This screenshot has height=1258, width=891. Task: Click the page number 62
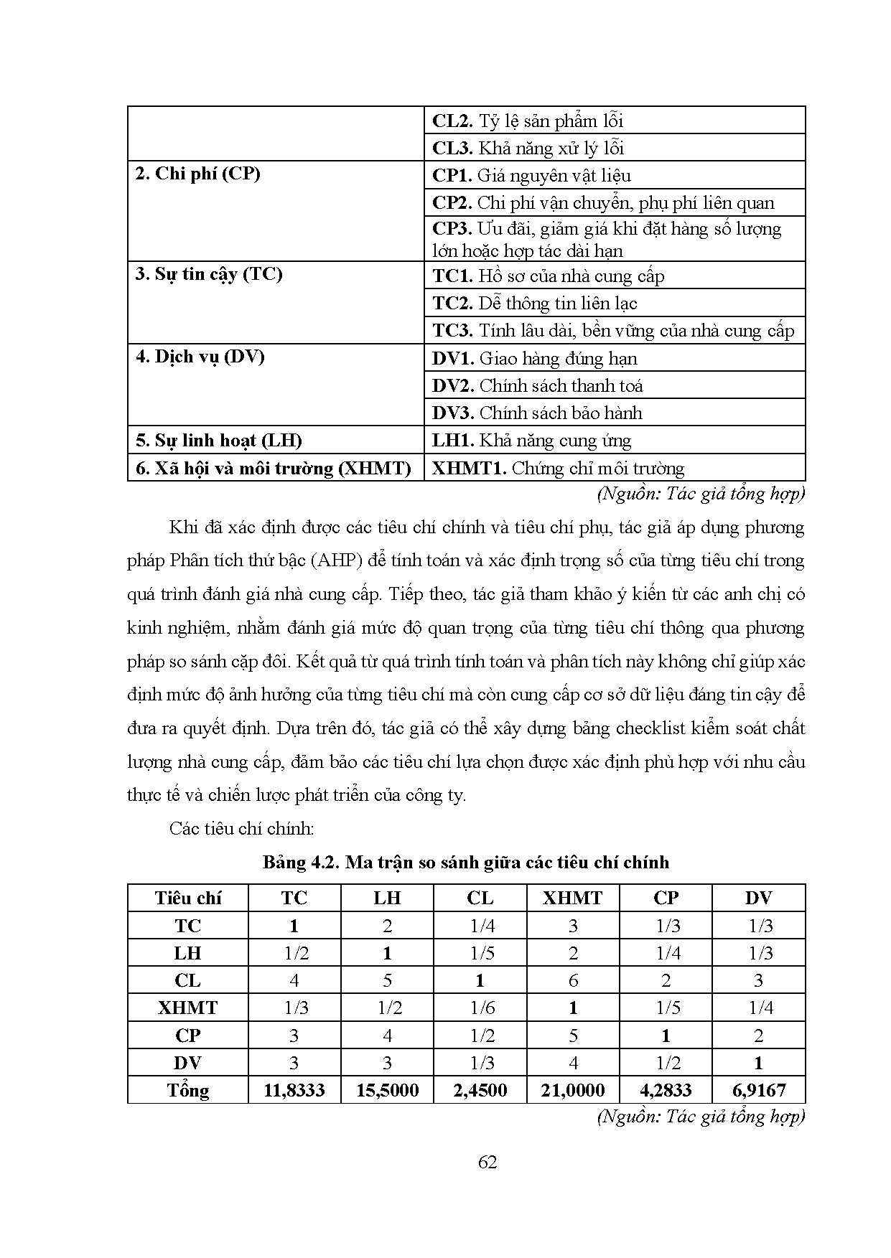488,1162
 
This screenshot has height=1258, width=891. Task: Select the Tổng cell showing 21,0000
572,1090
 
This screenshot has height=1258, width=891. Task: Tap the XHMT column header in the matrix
572,898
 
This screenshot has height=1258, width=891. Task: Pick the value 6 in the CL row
572,980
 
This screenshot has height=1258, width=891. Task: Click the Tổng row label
187,1090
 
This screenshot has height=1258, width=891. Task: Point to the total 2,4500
480,1090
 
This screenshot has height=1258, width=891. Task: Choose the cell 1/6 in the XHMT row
480,1008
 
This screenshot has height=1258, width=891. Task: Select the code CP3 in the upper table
451,229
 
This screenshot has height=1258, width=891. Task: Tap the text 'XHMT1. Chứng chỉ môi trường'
559,469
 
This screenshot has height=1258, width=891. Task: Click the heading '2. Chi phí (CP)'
197,174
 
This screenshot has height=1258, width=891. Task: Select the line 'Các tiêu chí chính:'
242,829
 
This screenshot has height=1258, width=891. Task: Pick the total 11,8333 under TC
294,1090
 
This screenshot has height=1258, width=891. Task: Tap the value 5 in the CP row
572,1036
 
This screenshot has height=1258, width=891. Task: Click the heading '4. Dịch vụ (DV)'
200,357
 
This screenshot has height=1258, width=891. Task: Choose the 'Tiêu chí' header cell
187,898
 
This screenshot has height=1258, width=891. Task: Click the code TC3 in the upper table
452,331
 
